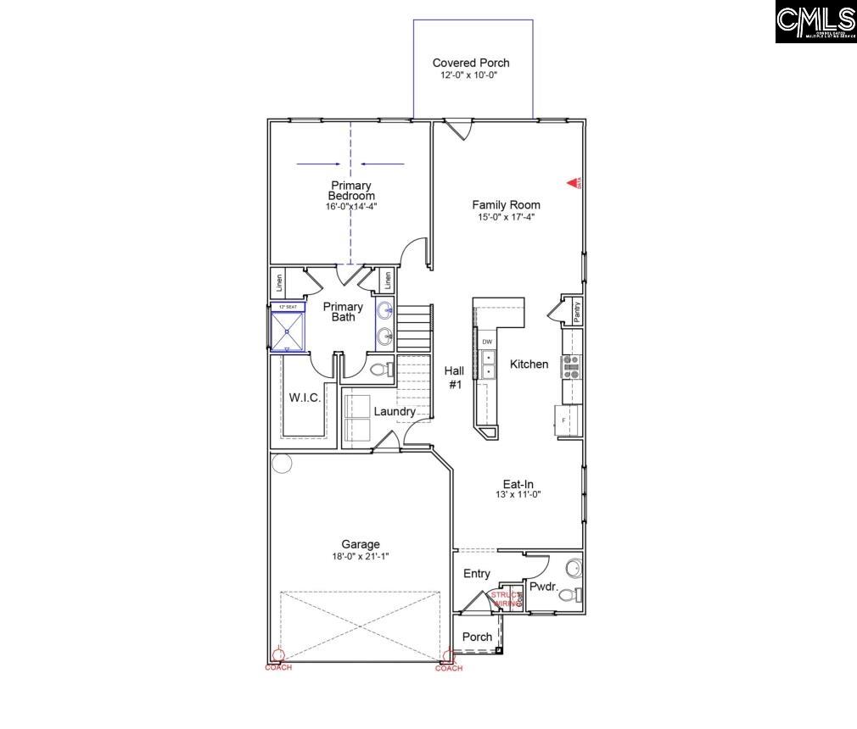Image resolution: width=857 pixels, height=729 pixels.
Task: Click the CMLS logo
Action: pyautogui.click(x=815, y=22)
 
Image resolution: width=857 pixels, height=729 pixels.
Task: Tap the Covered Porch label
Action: pyautogui.click(x=471, y=63)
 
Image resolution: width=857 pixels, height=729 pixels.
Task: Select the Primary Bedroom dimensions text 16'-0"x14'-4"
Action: pyautogui.click(x=352, y=206)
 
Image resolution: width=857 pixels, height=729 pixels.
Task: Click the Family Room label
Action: pyautogui.click(x=506, y=204)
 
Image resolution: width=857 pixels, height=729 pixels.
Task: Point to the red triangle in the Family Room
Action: pyautogui.click(x=573, y=182)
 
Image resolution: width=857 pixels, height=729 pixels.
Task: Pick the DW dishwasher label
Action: pyautogui.click(x=487, y=342)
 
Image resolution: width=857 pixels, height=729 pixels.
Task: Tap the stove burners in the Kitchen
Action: pyautogui.click(x=572, y=365)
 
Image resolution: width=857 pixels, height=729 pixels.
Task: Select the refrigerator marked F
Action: pyautogui.click(x=563, y=420)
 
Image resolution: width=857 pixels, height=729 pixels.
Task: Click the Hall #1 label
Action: pyautogui.click(x=454, y=377)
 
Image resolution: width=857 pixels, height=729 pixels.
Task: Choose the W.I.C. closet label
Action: pyautogui.click(x=305, y=398)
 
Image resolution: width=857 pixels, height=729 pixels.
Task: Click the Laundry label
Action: pyautogui.click(x=395, y=412)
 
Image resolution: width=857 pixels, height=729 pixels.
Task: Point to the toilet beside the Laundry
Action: pyautogui.click(x=380, y=369)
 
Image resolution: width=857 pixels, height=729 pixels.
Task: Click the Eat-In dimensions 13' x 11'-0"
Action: pyautogui.click(x=518, y=494)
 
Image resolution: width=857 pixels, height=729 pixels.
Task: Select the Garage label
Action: pyautogui.click(x=361, y=544)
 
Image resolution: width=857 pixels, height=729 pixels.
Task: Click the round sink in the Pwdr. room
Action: pyautogui.click(x=574, y=566)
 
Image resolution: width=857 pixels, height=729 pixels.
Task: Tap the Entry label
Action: pyautogui.click(x=476, y=574)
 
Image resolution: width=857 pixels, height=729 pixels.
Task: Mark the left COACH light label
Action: pyautogui.click(x=277, y=667)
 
